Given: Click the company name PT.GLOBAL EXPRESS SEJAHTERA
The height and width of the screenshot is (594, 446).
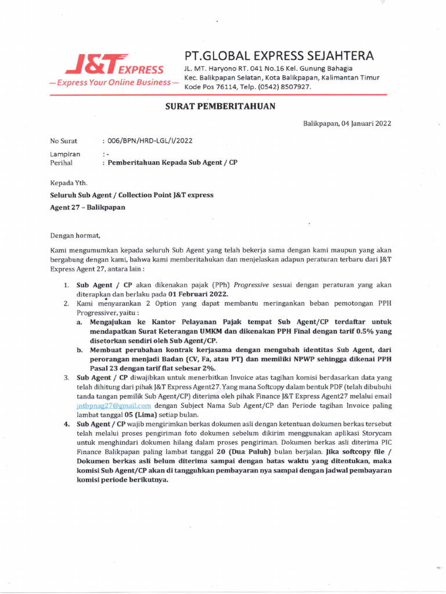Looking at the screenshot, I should click(278, 56).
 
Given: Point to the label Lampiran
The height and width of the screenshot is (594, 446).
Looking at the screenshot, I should click(65, 155).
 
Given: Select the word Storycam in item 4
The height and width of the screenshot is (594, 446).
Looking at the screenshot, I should click(376, 434).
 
